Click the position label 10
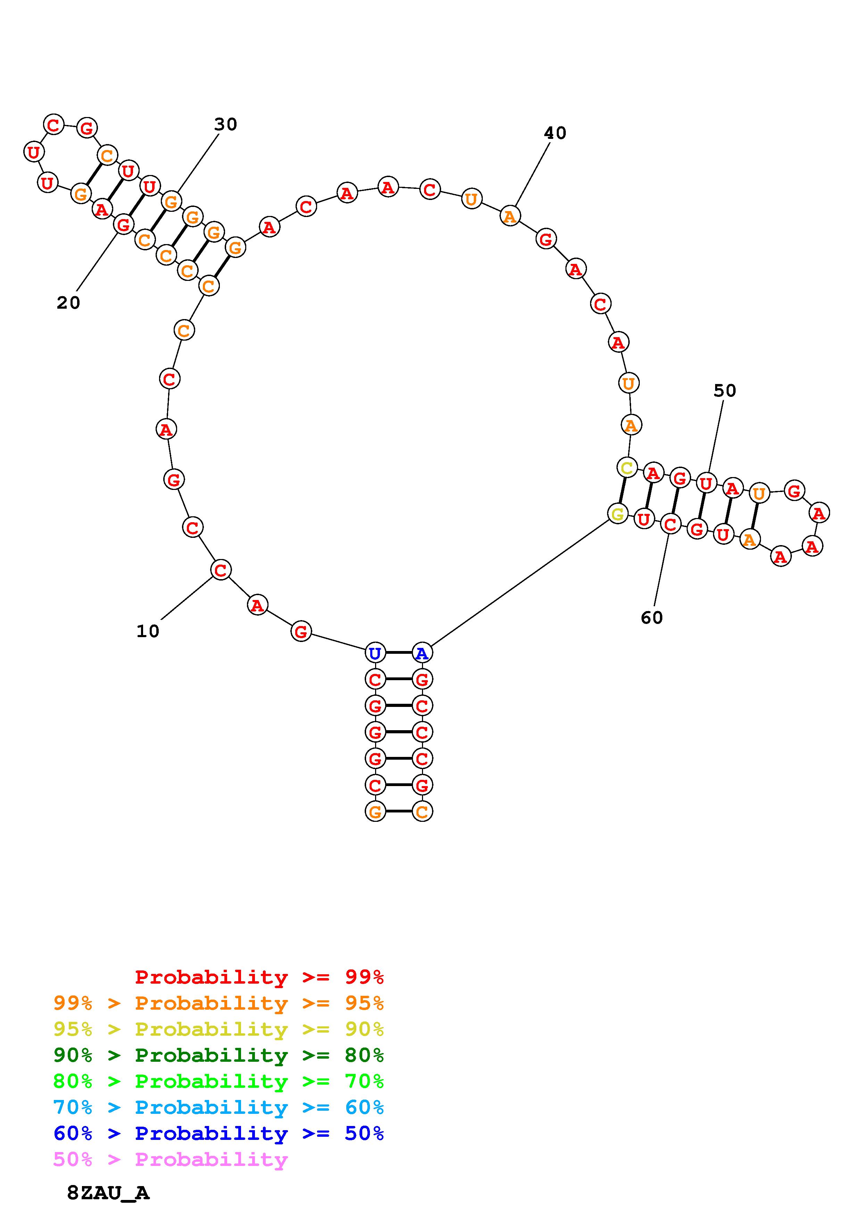click(148, 631)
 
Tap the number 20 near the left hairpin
click(68, 303)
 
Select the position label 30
click(225, 125)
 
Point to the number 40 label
click(555, 133)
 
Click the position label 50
click(725, 391)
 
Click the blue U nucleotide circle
click(375, 653)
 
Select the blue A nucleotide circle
click(422, 653)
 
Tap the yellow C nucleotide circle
click(627, 468)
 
